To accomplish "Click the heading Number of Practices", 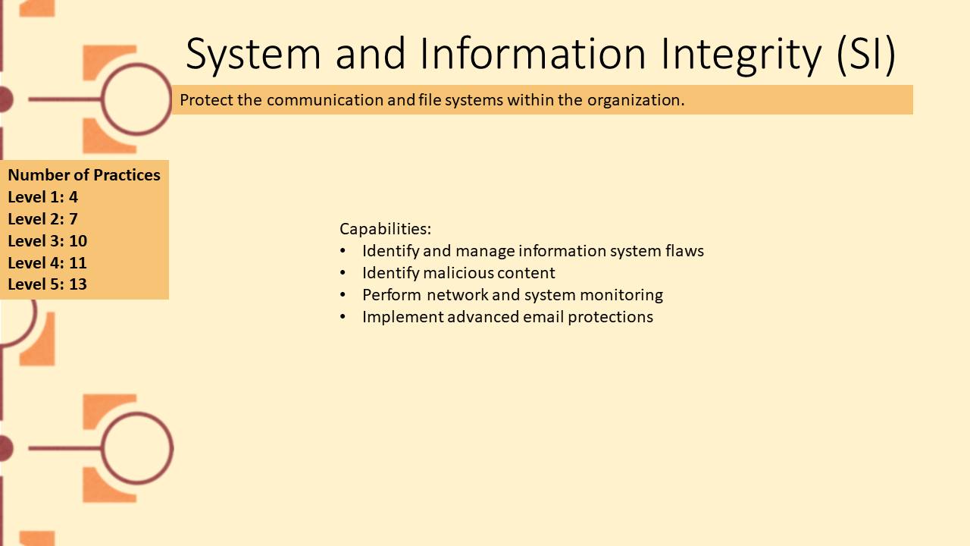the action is coord(84,175).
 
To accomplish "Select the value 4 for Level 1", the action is coord(74,197).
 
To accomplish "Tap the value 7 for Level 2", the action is coord(74,219).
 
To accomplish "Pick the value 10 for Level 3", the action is coord(78,241).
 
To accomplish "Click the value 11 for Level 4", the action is coord(78,263).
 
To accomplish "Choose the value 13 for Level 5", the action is coord(78,284).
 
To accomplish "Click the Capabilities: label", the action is coord(386,229).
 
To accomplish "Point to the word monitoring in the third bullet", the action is coord(621,295).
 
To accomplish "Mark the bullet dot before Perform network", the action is coord(343,295).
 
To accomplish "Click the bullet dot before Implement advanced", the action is coord(343,317).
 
